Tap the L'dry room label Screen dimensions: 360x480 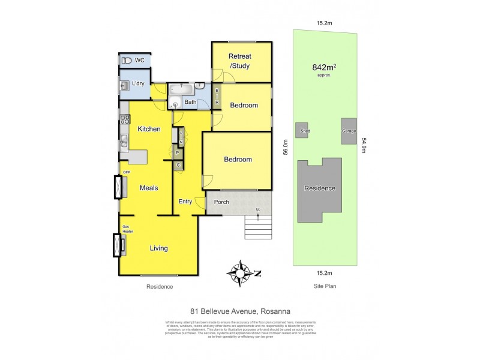point(137,83)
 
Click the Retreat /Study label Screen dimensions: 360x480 point(239,61)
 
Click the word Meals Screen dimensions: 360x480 point(149,188)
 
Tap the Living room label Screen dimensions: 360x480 point(158,248)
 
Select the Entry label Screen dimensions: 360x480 point(185,202)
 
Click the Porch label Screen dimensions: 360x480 point(221,202)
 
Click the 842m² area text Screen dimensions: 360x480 point(324,67)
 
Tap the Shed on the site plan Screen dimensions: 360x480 point(302,130)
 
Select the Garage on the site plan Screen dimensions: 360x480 point(348,131)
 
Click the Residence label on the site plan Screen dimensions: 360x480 point(320,188)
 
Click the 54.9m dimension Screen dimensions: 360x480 point(364,146)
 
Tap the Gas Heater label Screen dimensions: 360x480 point(127,229)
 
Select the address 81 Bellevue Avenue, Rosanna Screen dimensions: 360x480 point(240,311)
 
